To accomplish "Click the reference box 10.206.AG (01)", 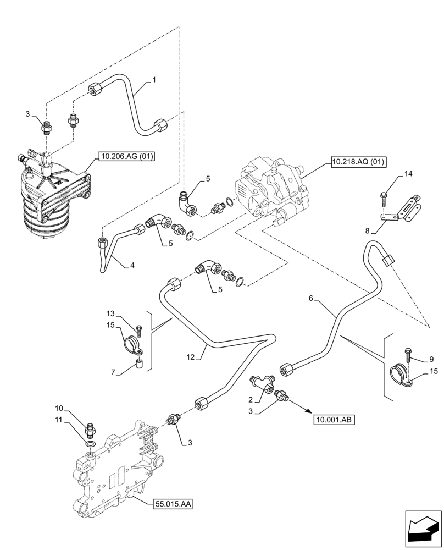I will [126, 157].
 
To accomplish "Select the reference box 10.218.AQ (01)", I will [358, 161].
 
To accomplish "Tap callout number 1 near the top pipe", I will [154, 80].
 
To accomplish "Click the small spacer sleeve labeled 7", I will [140, 364].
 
